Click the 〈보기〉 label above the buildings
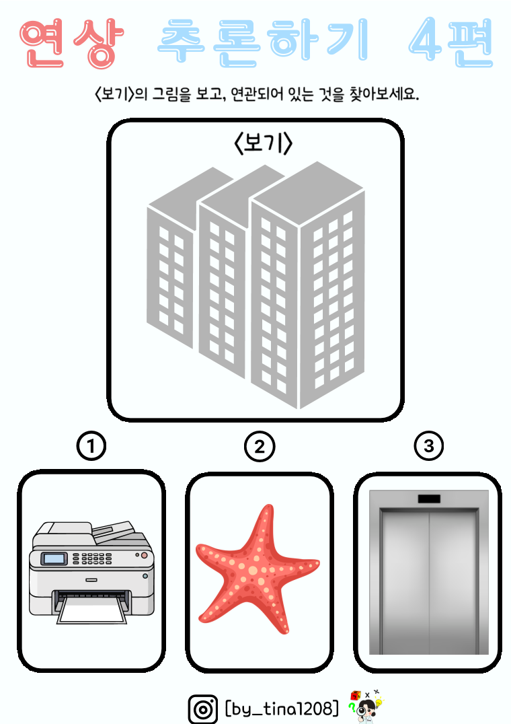pos(264,143)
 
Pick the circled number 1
pos(91,446)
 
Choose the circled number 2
pos(260,447)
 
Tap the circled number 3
pos(429,446)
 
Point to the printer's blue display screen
pos(54,558)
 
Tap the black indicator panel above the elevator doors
pos(429,499)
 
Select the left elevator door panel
pos(405,583)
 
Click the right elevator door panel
pos(453,583)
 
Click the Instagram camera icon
pos(203,709)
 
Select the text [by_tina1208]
pos(282,708)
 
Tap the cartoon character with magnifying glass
pos(366,707)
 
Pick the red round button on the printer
pos(145,555)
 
